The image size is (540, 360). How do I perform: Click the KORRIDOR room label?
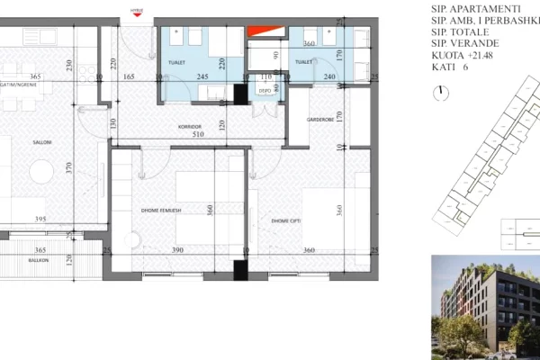click(188, 127)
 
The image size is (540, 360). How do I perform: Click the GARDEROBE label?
click(320, 118)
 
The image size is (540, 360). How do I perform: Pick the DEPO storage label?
click(265, 92)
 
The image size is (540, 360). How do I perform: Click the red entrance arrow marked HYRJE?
click(137, 11)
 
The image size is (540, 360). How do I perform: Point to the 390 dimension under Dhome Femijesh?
click(177, 249)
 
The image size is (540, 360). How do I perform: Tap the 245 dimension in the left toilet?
click(203, 77)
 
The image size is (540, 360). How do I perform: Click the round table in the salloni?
click(40, 171)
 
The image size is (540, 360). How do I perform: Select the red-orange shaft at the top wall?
click(260, 31)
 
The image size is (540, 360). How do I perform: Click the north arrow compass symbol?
click(440, 93)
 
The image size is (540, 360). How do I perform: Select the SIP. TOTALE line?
click(463, 31)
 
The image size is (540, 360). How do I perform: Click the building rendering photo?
click(485, 307)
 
